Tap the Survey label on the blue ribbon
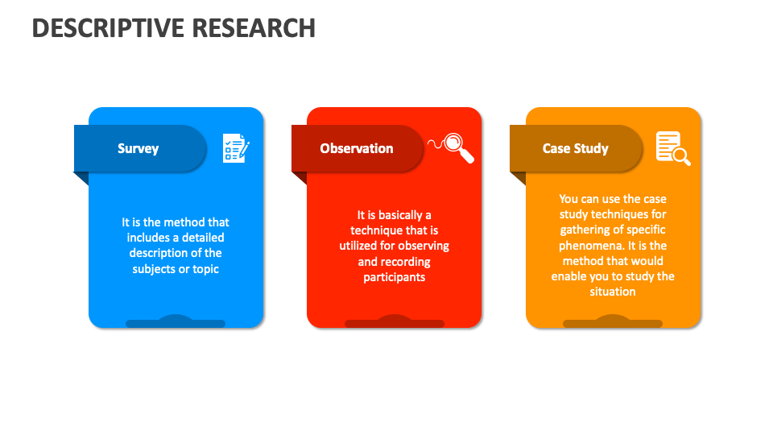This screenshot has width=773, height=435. click(x=138, y=148)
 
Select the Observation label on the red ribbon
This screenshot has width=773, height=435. click(x=356, y=148)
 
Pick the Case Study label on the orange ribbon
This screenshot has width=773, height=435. click(x=575, y=148)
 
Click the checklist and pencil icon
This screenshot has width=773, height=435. click(x=236, y=148)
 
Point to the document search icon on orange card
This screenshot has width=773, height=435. click(x=673, y=148)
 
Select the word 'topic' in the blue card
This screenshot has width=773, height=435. click(x=205, y=268)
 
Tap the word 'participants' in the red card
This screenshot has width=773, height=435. click(x=394, y=277)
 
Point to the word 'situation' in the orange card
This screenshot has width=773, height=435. click(x=613, y=292)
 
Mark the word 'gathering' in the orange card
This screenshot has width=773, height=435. click(x=585, y=230)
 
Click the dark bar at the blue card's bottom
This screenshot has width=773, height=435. click(x=176, y=323)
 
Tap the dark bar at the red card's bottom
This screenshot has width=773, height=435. click(x=394, y=323)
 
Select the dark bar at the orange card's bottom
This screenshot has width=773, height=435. click(x=613, y=323)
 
